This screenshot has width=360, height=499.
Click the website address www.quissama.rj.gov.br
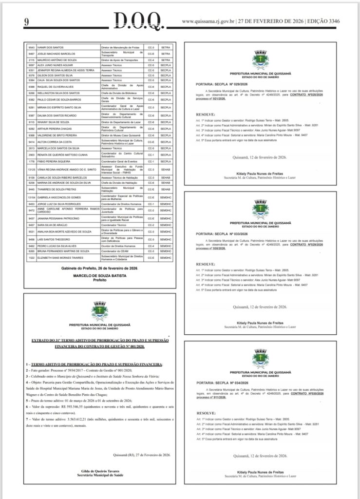209,21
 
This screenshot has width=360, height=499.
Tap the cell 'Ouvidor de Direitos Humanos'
120,246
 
